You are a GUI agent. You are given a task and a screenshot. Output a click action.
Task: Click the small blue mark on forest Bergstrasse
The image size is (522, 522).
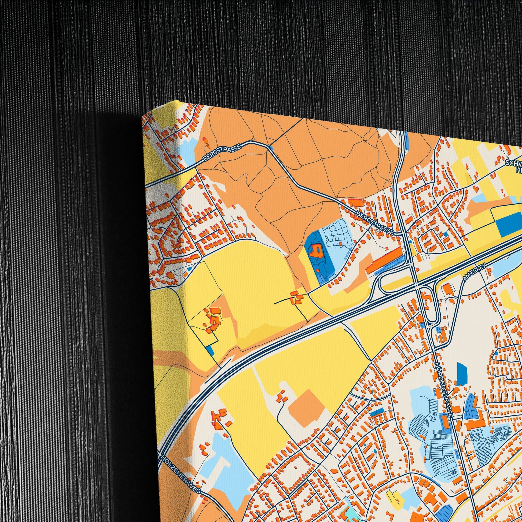[x=271, y=148]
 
